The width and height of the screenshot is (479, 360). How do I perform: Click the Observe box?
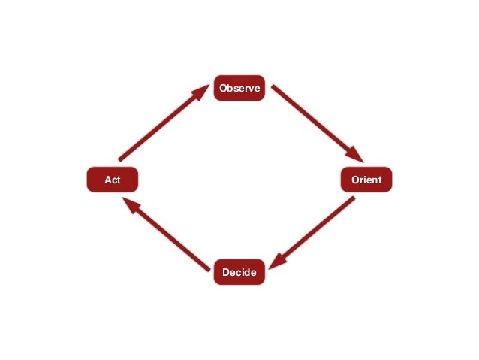pyautogui.click(x=239, y=89)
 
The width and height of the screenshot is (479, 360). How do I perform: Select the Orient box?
pyautogui.click(x=366, y=180)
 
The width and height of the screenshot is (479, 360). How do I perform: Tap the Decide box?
pyautogui.click(x=239, y=272)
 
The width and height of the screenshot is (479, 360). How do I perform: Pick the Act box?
pyautogui.click(x=112, y=180)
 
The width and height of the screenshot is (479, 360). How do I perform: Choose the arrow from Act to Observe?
pyautogui.click(x=162, y=123)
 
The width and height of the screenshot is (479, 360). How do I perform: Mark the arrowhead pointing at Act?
pyautogui.click(x=130, y=205)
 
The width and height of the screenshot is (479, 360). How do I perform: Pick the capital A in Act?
pyautogui.click(x=106, y=180)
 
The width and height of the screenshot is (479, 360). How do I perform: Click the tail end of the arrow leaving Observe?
pyautogui.click(x=274, y=88)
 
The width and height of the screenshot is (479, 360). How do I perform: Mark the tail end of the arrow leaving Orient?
pyautogui.click(x=352, y=199)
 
